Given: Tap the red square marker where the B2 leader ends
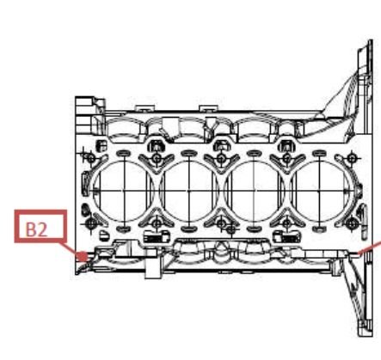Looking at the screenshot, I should (x=82, y=256).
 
